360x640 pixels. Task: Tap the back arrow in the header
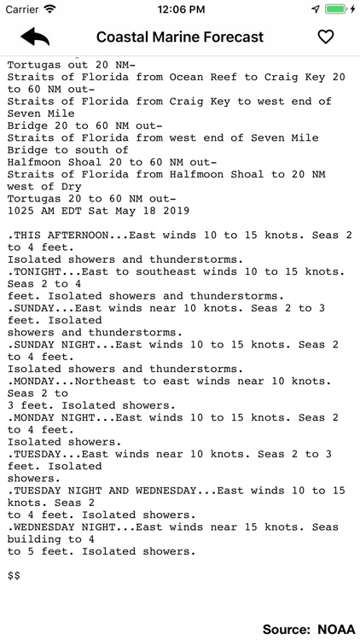click(35, 37)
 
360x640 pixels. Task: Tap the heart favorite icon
click(325, 37)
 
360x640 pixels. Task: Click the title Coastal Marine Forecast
click(180, 37)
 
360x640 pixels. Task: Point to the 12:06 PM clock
click(179, 9)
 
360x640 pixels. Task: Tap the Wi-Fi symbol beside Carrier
click(49, 9)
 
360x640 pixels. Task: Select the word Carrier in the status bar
click(22, 9)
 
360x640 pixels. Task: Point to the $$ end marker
click(14, 576)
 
